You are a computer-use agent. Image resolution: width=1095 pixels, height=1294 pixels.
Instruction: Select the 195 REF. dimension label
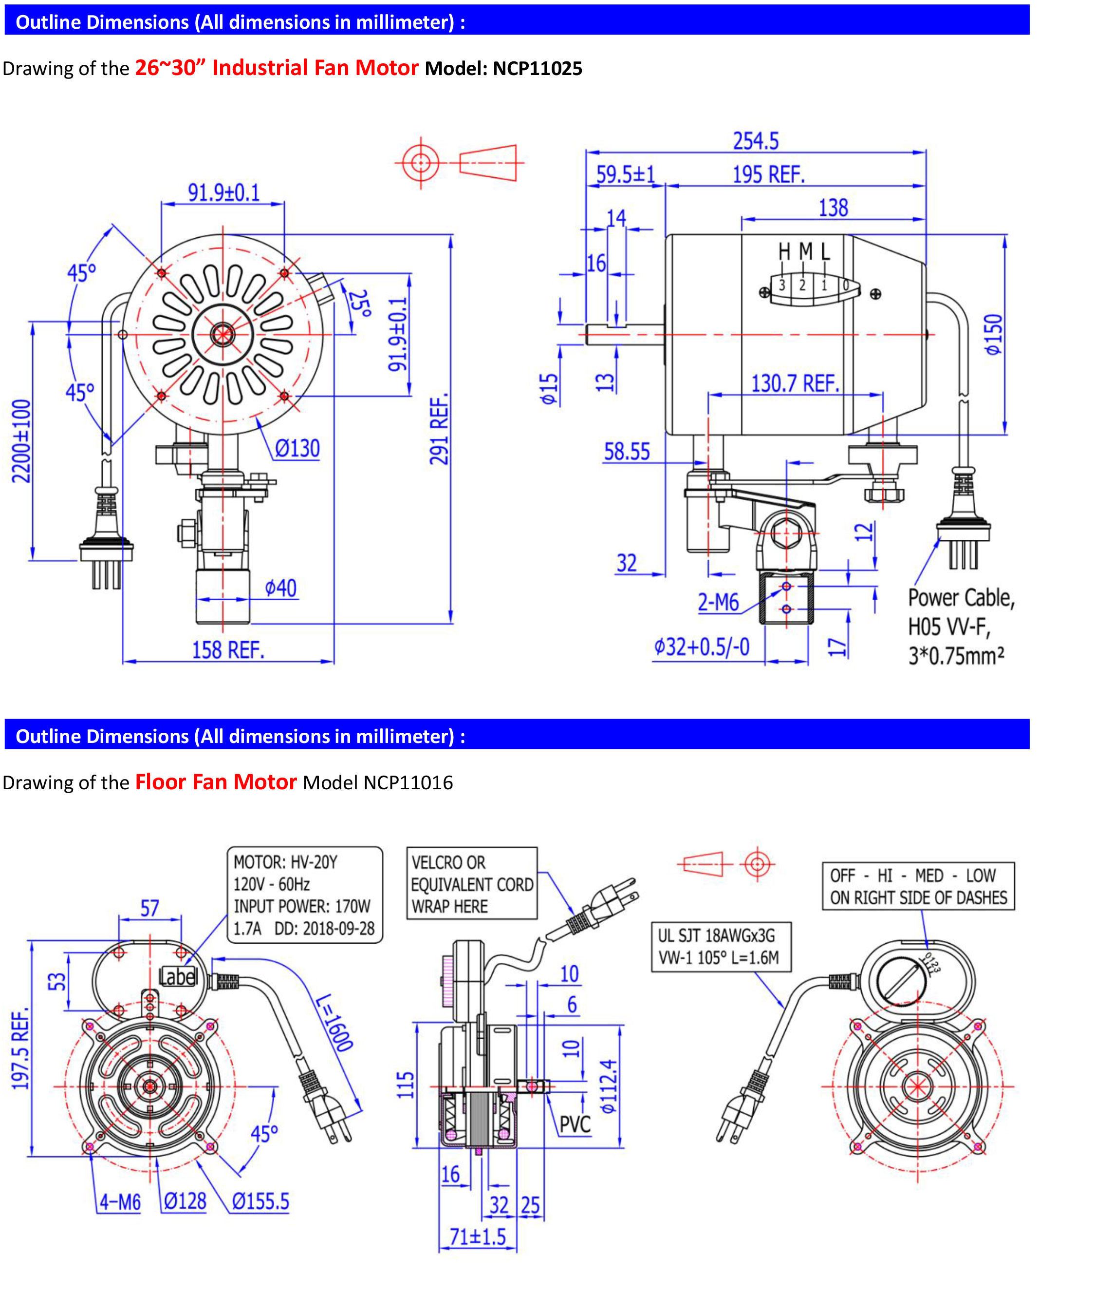coord(768,174)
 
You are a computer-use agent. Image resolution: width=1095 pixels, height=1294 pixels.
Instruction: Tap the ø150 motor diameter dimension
coord(993,334)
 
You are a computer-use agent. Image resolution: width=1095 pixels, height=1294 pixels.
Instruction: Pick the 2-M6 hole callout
coord(718,602)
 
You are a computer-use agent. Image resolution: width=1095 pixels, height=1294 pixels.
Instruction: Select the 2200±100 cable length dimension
coord(21,440)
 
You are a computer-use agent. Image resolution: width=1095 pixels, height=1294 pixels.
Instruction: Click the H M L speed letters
coord(804,251)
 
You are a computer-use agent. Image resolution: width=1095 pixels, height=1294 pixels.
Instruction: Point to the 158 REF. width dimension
coord(228,650)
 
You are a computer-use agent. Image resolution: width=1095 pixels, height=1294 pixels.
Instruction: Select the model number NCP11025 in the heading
coord(538,68)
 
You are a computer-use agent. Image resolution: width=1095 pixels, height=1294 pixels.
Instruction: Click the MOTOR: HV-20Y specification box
coord(304,894)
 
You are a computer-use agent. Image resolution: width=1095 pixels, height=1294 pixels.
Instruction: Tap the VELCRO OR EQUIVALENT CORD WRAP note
coord(472,883)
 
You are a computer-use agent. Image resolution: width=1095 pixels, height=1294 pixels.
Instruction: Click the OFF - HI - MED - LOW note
coord(918,886)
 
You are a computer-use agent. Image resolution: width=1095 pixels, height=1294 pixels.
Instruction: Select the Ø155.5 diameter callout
coord(260,1201)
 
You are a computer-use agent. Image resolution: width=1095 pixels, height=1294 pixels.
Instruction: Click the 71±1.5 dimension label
coord(477,1236)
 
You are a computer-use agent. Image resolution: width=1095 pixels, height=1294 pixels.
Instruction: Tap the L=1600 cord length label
coord(334,1023)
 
